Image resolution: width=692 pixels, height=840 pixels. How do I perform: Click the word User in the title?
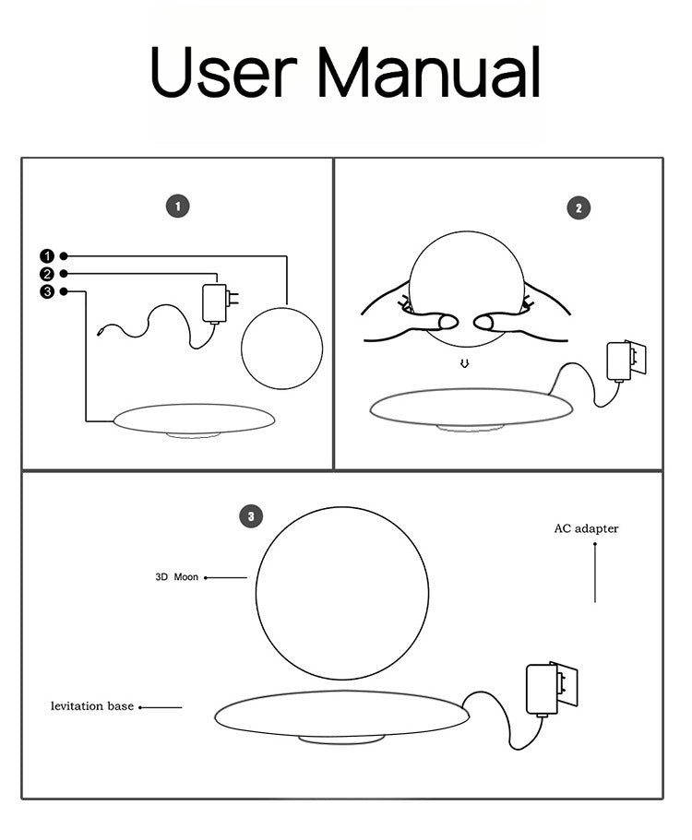[x=223, y=71]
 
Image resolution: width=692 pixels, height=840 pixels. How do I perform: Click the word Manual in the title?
[x=429, y=71]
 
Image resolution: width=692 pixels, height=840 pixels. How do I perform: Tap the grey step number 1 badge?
[x=178, y=207]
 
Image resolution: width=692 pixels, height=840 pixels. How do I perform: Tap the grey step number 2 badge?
[x=579, y=207]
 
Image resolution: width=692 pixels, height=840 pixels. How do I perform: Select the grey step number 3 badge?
[x=251, y=516]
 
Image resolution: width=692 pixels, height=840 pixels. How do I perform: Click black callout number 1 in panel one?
[x=47, y=256]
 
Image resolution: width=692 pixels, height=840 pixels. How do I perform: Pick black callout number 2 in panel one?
[x=47, y=274]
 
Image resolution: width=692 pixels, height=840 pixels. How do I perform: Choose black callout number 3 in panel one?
[x=47, y=291]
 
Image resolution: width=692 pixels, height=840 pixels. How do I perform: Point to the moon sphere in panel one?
[x=282, y=349]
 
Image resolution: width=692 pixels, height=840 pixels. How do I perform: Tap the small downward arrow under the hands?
[x=465, y=363]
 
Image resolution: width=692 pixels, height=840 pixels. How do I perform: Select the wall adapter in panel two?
[x=625, y=361]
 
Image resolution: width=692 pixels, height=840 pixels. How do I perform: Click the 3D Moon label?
[x=177, y=577]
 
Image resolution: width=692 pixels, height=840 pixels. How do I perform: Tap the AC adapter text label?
[x=586, y=528]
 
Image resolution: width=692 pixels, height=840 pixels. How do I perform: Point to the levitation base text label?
[x=92, y=706]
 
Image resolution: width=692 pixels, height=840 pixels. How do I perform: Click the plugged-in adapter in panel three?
[x=551, y=690]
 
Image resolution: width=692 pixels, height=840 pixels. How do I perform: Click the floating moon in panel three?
[x=342, y=594]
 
